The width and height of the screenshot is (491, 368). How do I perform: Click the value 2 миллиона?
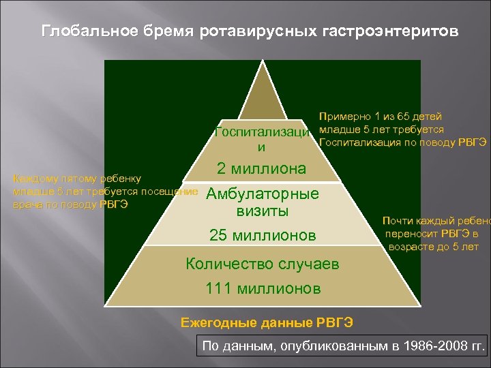261,168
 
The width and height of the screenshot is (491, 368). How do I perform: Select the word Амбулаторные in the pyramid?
262,194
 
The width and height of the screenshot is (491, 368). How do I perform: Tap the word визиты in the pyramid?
262,211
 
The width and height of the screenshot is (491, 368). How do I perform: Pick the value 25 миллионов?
263,236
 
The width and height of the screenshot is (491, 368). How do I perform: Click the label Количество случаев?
262,264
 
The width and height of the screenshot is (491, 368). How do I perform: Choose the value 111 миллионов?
263,289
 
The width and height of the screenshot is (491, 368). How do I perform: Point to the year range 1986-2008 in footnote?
432,347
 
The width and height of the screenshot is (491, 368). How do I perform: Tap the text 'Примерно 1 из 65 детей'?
381,117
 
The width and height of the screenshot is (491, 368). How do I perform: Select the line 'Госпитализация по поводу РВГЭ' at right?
402,142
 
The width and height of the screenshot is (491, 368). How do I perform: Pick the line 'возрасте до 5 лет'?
434,246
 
